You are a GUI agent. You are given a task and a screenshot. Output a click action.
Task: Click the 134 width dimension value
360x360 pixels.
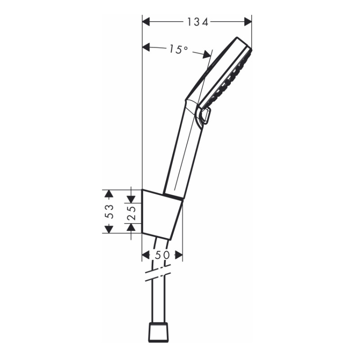[197, 22]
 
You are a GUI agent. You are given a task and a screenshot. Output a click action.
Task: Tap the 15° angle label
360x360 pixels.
[179, 49]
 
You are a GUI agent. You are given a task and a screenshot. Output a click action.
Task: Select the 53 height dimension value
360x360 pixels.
[108, 211]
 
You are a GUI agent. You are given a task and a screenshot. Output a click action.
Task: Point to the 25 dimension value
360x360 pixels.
[131, 211]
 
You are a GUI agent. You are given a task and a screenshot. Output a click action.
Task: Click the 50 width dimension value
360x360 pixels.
[162, 255]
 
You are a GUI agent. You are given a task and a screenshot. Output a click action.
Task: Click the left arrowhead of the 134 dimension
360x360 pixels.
[146, 22]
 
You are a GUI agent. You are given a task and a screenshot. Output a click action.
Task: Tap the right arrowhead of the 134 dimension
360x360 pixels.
[247, 22]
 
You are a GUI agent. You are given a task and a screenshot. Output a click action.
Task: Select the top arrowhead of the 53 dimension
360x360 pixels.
[108, 193]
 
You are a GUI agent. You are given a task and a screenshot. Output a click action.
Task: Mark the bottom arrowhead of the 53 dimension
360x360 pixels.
[108, 229]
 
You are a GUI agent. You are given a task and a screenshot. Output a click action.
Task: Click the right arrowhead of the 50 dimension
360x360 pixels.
[179, 255]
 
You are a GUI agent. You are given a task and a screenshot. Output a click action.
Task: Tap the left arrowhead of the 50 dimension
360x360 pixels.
[146, 255]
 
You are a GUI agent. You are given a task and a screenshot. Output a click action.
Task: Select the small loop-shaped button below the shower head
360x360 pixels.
[206, 117]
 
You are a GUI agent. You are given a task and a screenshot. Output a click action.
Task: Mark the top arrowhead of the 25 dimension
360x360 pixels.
[131, 198]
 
